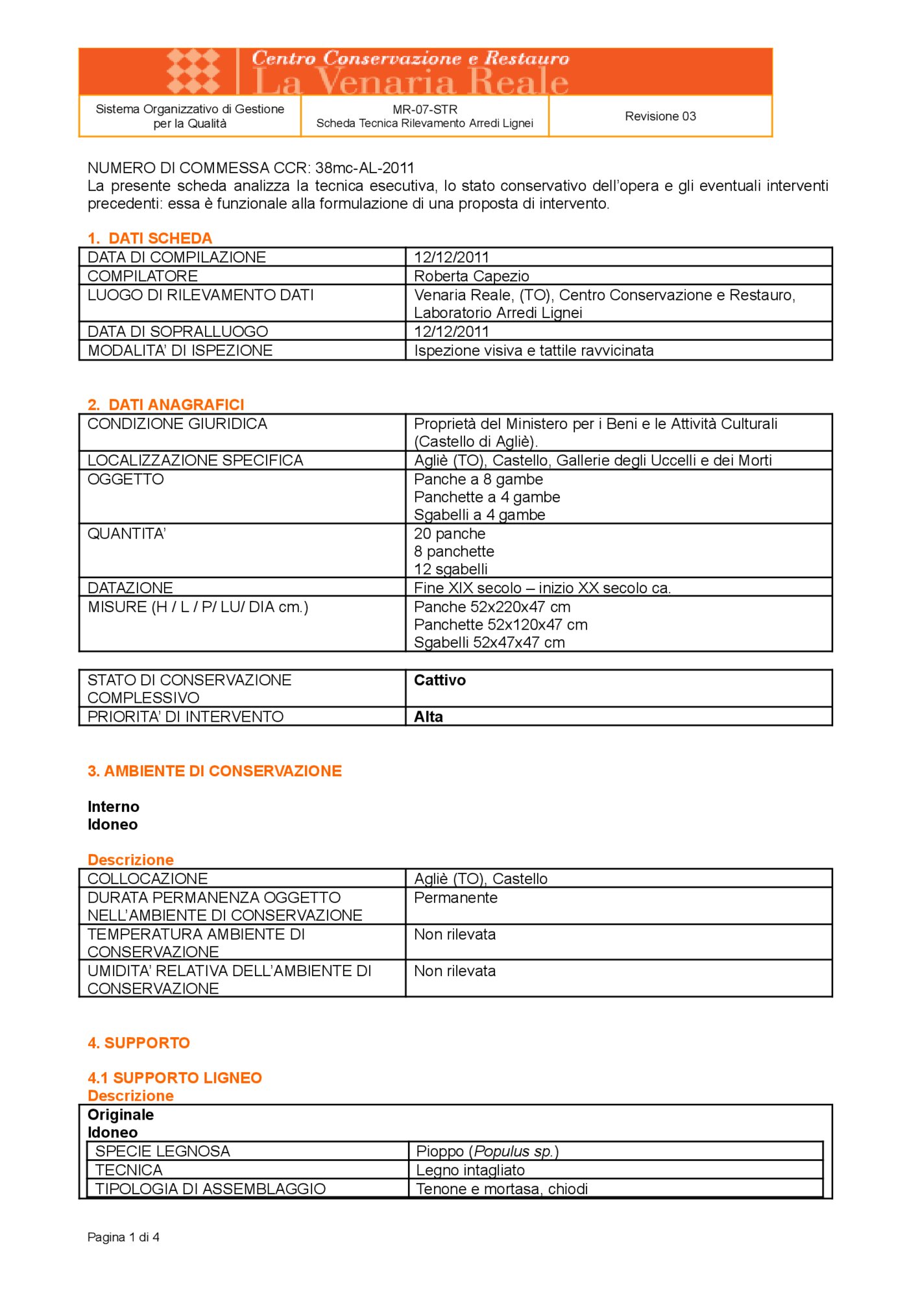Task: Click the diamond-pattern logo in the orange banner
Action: pyautogui.click(x=193, y=71)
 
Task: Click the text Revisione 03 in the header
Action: pyautogui.click(x=660, y=116)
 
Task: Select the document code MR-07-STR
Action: pyautogui.click(x=425, y=110)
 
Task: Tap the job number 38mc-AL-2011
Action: pyautogui.click(x=365, y=168)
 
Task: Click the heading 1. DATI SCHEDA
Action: pyautogui.click(x=150, y=238)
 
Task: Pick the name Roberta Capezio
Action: pyautogui.click(x=472, y=276)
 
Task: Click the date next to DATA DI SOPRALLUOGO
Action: pyautogui.click(x=452, y=332)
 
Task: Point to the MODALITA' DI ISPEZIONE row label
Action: pyautogui.click(x=180, y=350)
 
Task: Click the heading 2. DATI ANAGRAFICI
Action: pyautogui.click(x=165, y=405)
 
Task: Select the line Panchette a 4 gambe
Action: pyautogui.click(x=487, y=497)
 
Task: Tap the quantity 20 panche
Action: pyautogui.click(x=450, y=533)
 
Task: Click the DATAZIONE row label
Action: pyautogui.click(x=130, y=588)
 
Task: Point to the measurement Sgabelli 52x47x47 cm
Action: pyautogui.click(x=489, y=643)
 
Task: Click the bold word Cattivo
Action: pyautogui.click(x=440, y=680)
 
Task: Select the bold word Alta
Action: pyautogui.click(x=428, y=716)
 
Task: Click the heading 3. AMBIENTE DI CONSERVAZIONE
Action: pyautogui.click(x=214, y=771)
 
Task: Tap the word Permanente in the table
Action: pyautogui.click(x=455, y=898)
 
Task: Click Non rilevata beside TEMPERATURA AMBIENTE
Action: pyautogui.click(x=455, y=935)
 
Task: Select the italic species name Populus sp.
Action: pyautogui.click(x=513, y=1151)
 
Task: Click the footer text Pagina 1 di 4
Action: pyautogui.click(x=123, y=1237)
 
